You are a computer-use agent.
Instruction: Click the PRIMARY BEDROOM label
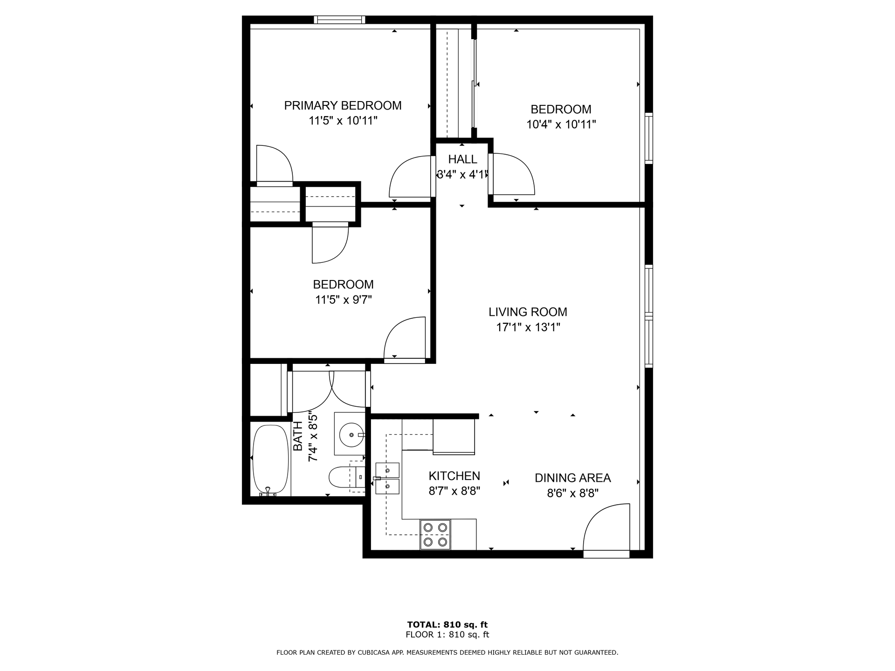343,106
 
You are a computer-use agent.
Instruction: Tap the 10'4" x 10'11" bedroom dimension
561,124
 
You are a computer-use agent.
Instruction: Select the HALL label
462,159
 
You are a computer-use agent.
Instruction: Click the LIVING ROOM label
528,312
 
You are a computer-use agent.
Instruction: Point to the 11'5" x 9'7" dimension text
343,300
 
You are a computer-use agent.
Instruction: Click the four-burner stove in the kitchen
435,534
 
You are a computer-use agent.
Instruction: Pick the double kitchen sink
388,479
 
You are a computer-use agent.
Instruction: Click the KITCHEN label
454,476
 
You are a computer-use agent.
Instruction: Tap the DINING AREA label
572,478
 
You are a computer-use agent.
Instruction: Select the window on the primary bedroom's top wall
339,20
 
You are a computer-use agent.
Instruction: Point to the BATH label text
298,436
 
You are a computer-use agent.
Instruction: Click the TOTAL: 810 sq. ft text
447,624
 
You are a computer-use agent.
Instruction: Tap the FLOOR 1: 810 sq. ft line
447,635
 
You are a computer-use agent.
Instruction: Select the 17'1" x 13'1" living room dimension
528,327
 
